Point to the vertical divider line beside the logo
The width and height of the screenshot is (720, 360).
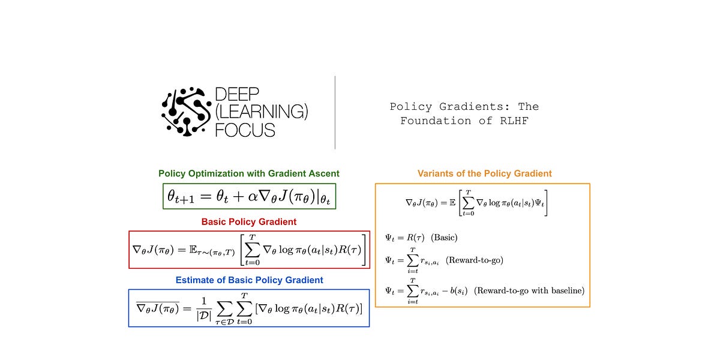point(335,112)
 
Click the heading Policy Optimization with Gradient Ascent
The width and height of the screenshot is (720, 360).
point(249,173)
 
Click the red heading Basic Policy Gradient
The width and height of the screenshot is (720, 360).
point(249,221)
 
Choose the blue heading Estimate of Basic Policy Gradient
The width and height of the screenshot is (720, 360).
point(249,280)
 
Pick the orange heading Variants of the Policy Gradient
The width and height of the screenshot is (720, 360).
point(484,173)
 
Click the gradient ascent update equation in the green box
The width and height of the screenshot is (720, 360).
point(249,196)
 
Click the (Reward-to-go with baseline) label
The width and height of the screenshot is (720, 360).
point(529,290)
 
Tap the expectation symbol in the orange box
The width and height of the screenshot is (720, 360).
point(451,203)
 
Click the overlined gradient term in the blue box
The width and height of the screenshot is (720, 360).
point(157,308)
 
